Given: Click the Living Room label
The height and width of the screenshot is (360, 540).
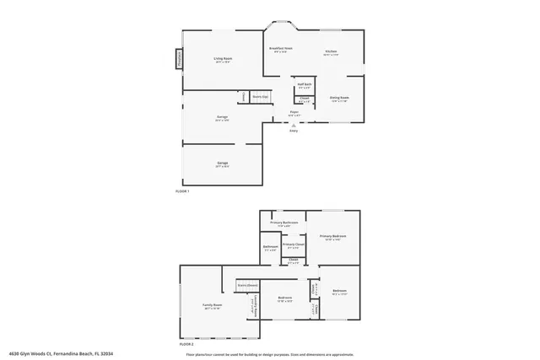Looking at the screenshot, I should [x=223, y=60].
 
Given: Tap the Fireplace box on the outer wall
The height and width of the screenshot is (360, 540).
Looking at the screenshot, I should [x=178, y=59].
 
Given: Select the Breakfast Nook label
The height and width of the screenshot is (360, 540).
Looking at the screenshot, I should [x=280, y=51].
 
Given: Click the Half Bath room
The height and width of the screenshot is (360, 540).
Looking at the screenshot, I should [x=304, y=86].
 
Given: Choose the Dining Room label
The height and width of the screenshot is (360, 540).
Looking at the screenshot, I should [x=339, y=99].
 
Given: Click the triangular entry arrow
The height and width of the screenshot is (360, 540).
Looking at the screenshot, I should [x=293, y=125].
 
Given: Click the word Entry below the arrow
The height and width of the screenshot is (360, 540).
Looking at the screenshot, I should [x=293, y=131].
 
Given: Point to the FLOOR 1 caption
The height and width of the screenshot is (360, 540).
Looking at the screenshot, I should [x=182, y=192].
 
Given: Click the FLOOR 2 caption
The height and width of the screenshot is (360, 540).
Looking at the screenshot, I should [x=186, y=345].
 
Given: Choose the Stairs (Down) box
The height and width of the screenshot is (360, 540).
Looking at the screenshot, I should [x=246, y=285].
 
